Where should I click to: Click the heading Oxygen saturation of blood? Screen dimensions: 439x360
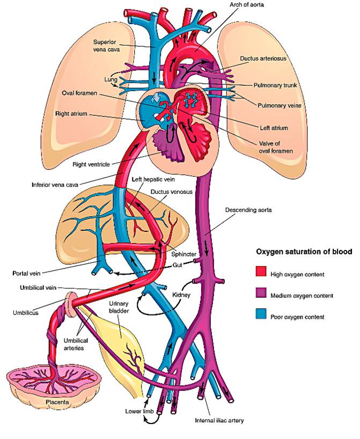(x=304, y=251)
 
